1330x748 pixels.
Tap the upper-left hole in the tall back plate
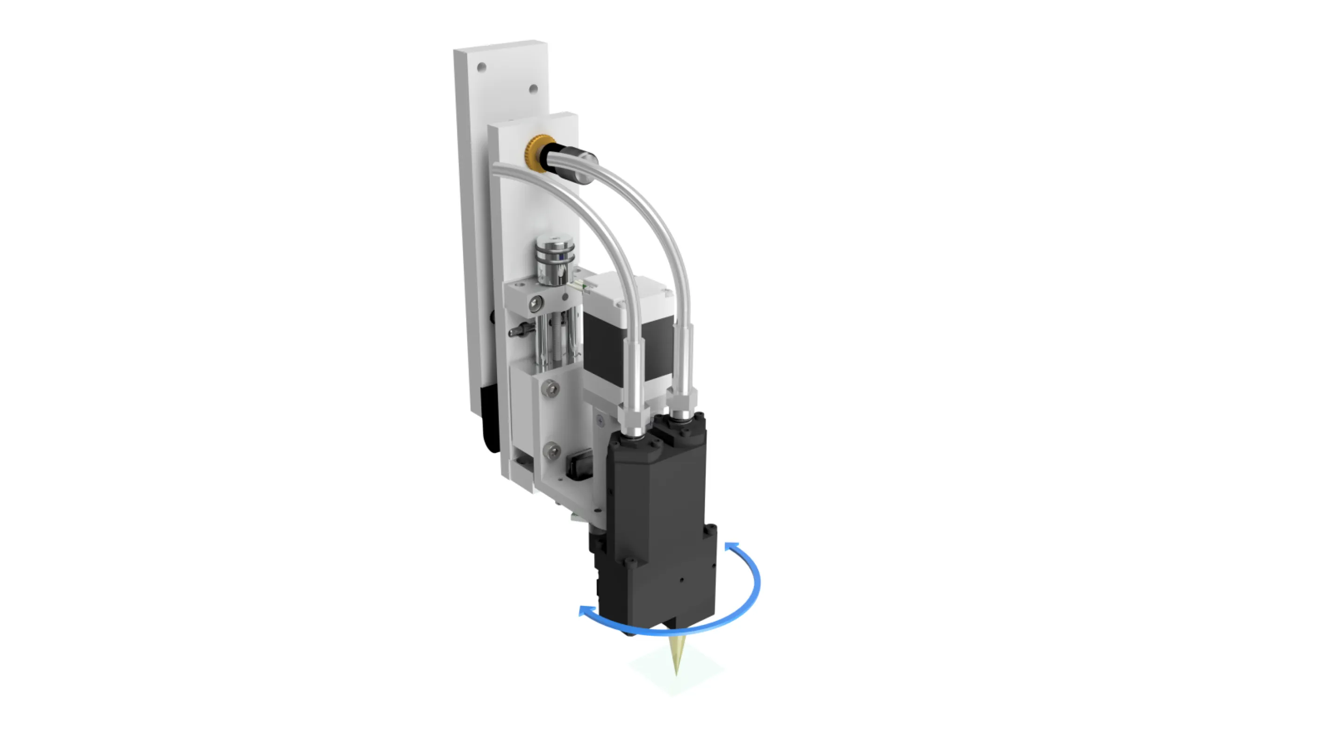click(482, 67)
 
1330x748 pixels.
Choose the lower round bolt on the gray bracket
click(553, 452)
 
